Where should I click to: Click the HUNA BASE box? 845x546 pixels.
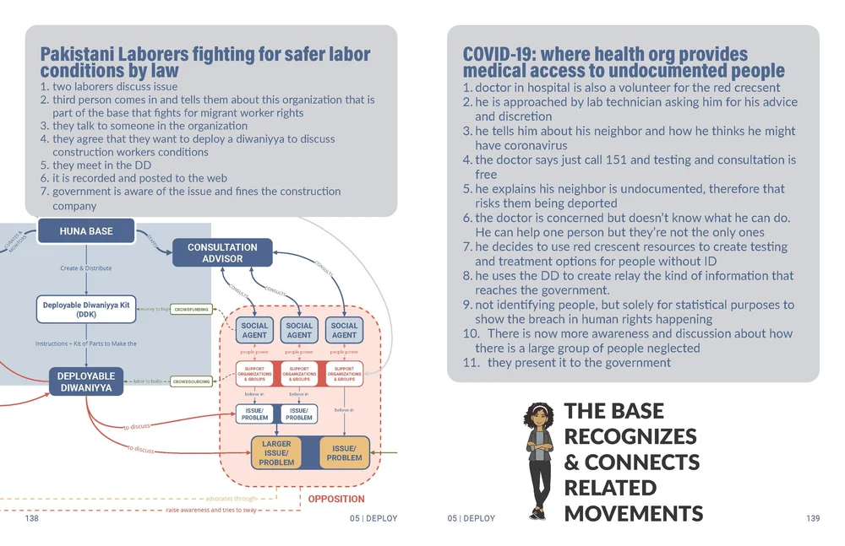click(x=86, y=230)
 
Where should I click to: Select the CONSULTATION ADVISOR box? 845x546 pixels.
click(x=222, y=253)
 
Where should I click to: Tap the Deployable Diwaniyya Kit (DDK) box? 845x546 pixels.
click(x=86, y=309)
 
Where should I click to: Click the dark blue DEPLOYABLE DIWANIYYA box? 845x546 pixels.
click(x=86, y=381)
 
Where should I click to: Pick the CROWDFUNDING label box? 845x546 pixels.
click(x=191, y=311)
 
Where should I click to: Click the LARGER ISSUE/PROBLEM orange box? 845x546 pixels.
click(x=276, y=453)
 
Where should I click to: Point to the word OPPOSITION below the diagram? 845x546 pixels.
click(x=336, y=500)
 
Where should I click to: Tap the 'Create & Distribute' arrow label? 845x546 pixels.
click(x=86, y=268)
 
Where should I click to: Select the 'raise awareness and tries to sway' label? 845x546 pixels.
click(x=210, y=511)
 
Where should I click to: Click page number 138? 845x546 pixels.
click(x=31, y=518)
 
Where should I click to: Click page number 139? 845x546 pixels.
click(x=813, y=518)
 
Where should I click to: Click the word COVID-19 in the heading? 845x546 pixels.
click(x=499, y=55)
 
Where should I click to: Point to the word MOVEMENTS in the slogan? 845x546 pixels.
click(x=633, y=513)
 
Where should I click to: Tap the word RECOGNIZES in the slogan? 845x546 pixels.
click(x=630, y=436)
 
